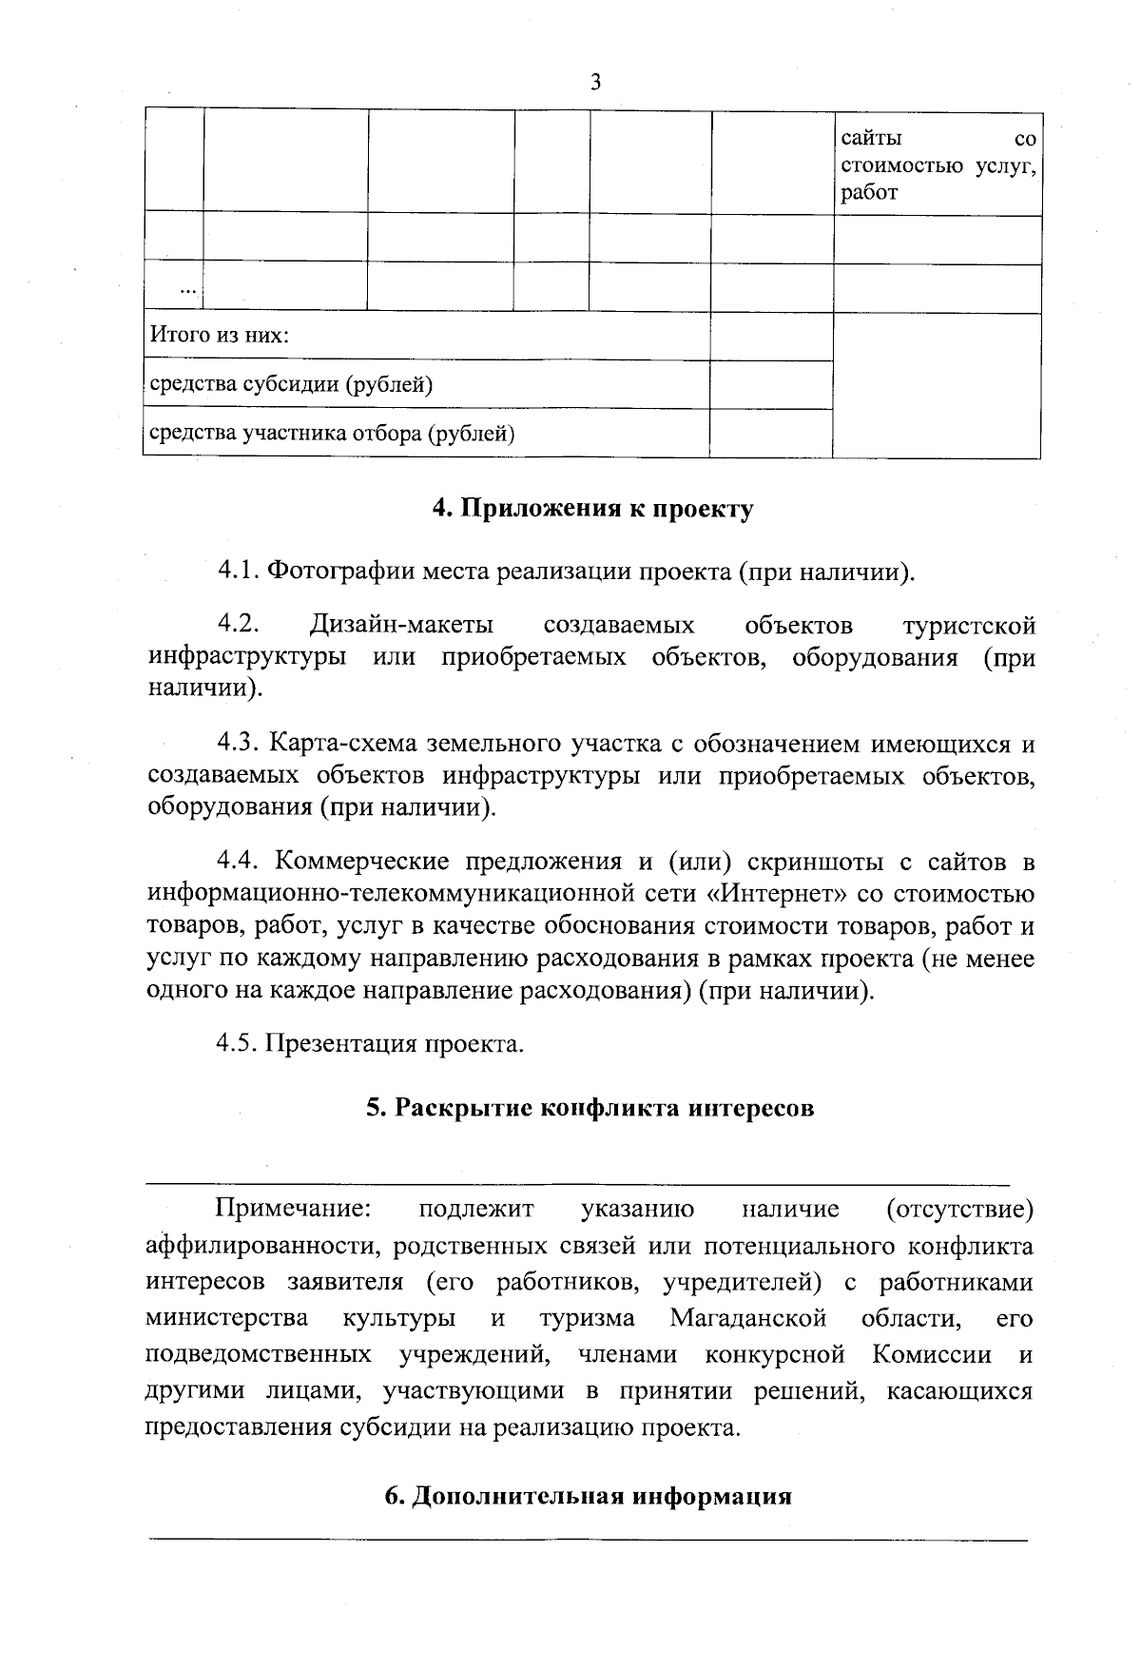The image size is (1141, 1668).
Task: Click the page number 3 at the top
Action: point(595,83)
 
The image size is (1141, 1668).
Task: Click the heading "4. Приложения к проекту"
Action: point(592,509)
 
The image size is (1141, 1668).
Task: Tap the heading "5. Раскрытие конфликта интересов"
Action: point(590,1109)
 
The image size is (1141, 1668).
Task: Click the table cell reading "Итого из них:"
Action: point(220,337)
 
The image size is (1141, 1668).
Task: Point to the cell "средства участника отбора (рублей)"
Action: point(333,435)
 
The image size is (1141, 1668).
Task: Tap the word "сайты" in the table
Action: point(870,140)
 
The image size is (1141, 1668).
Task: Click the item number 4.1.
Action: point(238,572)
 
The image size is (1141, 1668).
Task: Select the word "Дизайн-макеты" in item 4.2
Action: point(401,626)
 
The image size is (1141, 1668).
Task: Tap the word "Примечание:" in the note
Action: point(293,1209)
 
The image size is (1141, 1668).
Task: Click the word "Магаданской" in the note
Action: point(746,1319)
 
